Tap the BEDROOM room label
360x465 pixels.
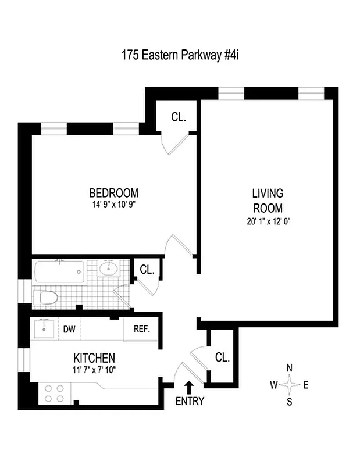113,193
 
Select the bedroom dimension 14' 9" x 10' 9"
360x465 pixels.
113,205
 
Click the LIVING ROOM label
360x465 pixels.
268,200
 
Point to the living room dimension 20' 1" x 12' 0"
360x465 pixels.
268,220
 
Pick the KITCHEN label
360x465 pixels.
94,357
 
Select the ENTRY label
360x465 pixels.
190,401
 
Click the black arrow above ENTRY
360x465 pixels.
189,386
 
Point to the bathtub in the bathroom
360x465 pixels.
59,271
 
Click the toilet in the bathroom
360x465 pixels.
47,298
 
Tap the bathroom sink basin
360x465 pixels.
108,269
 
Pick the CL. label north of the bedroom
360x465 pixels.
179,117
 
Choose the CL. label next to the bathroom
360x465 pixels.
147,270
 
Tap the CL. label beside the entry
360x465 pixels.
222,357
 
